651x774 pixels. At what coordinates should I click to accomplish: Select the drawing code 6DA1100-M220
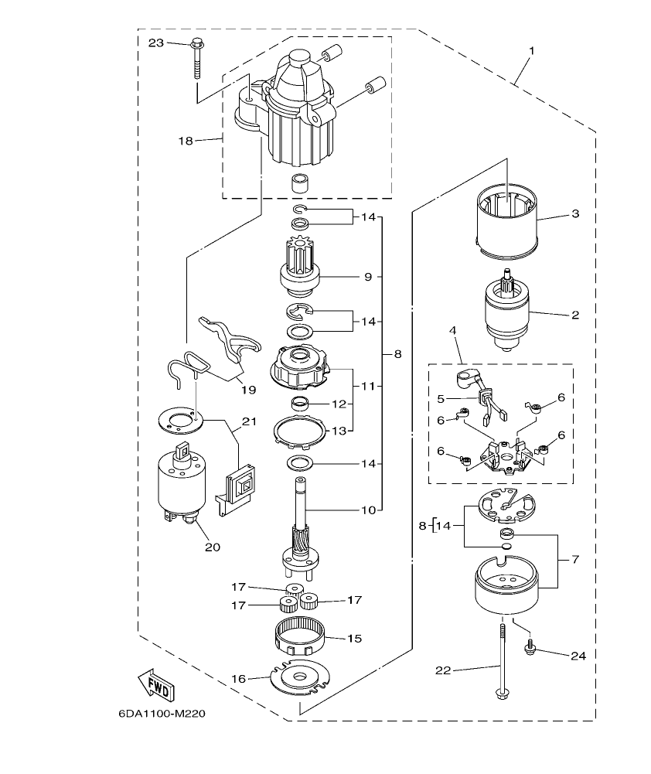coord(162,714)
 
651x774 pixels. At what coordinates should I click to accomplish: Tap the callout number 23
coord(155,43)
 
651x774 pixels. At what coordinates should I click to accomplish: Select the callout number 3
coord(574,213)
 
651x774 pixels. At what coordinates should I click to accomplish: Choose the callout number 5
coord(441,399)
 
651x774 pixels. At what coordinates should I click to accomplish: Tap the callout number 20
coord(212,547)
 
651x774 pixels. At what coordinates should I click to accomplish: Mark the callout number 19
coord(247,390)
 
